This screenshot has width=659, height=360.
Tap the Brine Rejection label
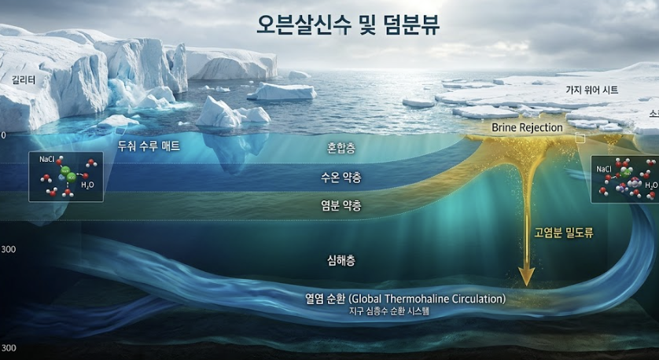[527, 127]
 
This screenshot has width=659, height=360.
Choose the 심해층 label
[341, 260]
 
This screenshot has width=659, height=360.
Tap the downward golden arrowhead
[526, 277]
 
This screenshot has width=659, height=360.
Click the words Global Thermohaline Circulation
[427, 299]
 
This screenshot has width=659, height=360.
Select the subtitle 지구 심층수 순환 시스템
[390, 311]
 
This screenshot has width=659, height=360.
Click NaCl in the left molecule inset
[46, 159]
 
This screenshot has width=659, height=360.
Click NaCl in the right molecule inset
[605, 169]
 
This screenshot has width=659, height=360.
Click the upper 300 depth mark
[9, 250]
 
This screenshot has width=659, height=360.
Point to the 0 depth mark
[3, 135]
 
